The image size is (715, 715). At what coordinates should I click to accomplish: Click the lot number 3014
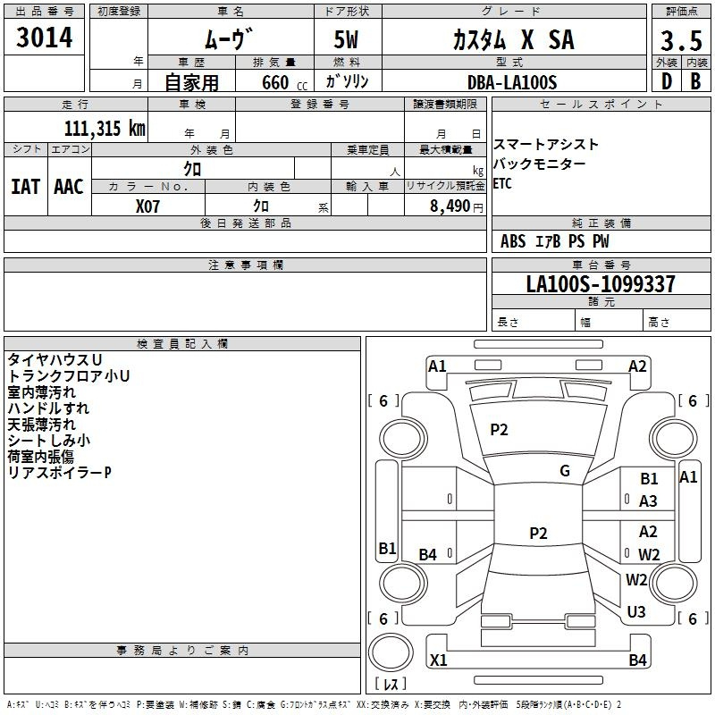tap(45, 38)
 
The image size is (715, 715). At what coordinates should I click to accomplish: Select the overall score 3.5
tap(679, 41)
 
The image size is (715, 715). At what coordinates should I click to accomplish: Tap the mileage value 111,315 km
tap(104, 128)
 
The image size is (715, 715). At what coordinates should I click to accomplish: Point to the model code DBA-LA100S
tap(511, 82)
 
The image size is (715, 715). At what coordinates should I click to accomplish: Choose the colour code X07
tap(148, 206)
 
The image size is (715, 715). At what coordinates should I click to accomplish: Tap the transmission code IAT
tap(26, 186)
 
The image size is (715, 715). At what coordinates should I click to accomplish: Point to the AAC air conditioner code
tap(69, 186)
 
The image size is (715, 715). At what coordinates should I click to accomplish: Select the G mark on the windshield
tap(565, 471)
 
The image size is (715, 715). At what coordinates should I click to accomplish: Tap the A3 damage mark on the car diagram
tap(648, 501)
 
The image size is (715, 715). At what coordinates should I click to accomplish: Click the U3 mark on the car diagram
tap(636, 612)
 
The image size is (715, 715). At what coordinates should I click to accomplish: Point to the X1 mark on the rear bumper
tap(438, 660)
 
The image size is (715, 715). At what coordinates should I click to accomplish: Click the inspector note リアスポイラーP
tap(59, 472)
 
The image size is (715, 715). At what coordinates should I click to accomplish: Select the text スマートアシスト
tap(546, 144)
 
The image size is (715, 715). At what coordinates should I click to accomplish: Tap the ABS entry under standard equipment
tap(513, 241)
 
